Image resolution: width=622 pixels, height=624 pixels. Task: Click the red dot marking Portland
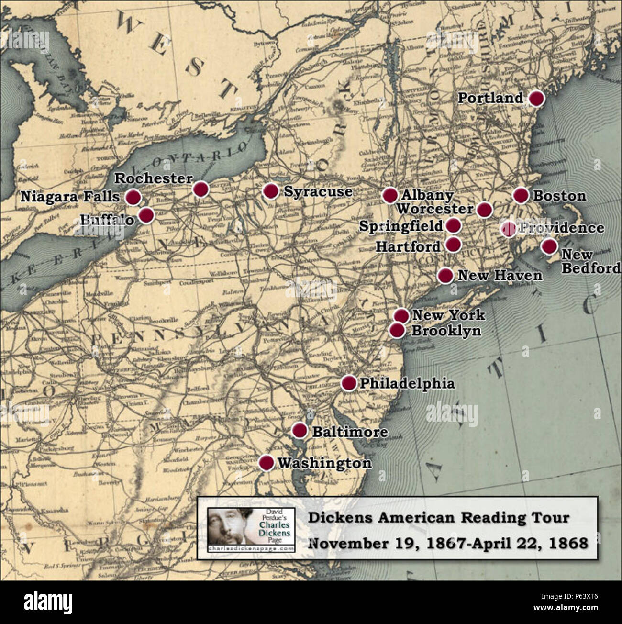[537, 98]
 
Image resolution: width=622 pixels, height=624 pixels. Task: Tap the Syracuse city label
[318, 191]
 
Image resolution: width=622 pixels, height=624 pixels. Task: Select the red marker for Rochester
[201, 189]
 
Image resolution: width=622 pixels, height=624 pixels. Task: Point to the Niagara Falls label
[70, 197]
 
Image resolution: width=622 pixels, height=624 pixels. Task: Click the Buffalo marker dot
[146, 215]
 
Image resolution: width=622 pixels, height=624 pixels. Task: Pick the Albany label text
[427, 195]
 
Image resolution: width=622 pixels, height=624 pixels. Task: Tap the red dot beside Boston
[521, 195]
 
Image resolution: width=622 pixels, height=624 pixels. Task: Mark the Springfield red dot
[453, 225]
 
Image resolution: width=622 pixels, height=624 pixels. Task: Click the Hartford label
[408, 246]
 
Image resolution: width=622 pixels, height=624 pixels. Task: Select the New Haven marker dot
[445, 275]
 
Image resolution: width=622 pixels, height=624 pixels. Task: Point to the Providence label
[562, 228]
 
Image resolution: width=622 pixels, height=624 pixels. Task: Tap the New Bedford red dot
[549, 246]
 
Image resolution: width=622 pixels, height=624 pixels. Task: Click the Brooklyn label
[446, 331]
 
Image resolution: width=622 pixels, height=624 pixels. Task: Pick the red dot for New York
[401, 315]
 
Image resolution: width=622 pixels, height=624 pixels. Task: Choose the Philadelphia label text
[407, 383]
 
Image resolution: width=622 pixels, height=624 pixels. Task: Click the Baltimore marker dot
[300, 430]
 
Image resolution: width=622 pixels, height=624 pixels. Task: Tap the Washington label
[324, 463]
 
